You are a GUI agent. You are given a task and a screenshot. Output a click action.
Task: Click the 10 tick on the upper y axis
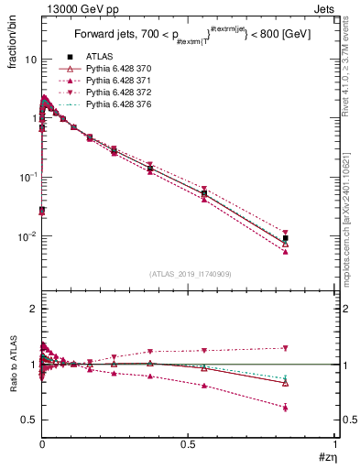click(28, 60)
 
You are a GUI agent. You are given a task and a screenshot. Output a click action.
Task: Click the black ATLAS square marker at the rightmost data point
click(286, 238)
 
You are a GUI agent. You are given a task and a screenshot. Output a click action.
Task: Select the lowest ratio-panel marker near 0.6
click(286, 407)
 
